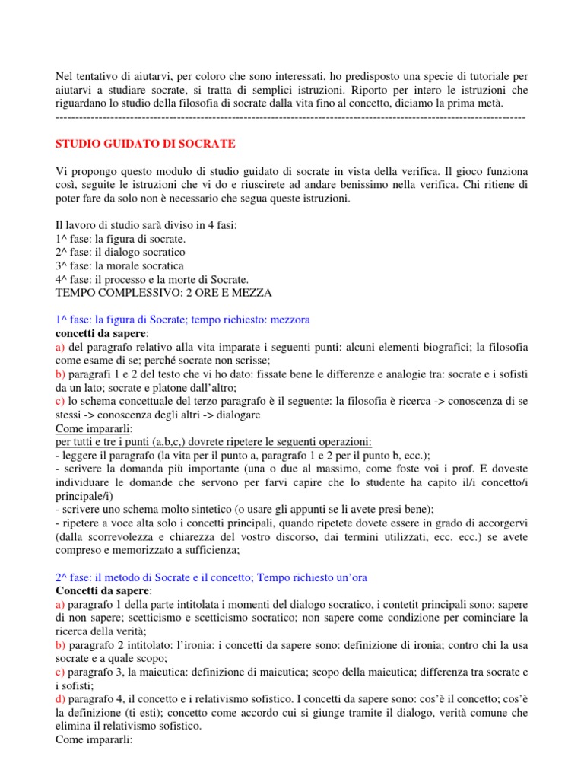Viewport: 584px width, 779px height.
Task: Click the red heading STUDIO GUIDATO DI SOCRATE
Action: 146,143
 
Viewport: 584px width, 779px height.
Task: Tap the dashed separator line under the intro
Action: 291,117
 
